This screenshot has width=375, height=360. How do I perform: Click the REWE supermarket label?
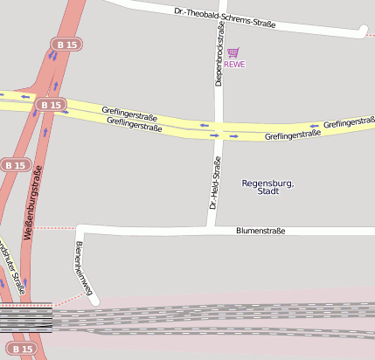[x=234, y=64]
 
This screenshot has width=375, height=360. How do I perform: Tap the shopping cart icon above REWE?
[x=233, y=52]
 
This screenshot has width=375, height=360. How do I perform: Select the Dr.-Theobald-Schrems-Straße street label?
[x=225, y=18]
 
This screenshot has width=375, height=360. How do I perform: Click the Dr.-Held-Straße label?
[x=212, y=182]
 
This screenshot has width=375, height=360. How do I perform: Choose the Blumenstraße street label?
[x=260, y=231]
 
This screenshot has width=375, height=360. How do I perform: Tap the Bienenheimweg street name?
[x=83, y=266]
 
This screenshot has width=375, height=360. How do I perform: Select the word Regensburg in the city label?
[x=267, y=183]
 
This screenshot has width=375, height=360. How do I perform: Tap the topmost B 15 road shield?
[x=64, y=44]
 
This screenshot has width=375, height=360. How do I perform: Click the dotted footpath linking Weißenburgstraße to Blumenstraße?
[x=57, y=228]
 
